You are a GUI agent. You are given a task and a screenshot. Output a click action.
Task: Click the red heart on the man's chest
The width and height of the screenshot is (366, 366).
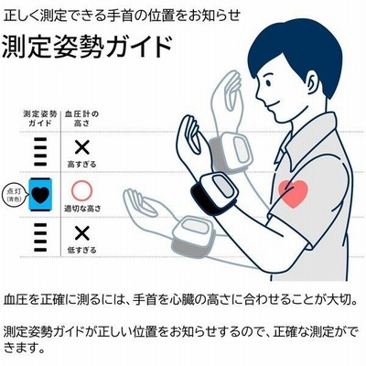pos(294,193)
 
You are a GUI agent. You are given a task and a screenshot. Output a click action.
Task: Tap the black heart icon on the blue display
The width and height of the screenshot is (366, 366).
pos(40,195)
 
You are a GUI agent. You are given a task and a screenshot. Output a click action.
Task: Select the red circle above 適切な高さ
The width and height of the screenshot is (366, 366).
pos(81,190)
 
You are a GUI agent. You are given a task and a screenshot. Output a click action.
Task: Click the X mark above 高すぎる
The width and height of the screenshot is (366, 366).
pos(82,148)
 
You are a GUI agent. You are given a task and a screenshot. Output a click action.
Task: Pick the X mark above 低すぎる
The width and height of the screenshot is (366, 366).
pos(82,233)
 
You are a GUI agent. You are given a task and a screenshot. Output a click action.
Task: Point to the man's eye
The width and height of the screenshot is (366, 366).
pos(267,82)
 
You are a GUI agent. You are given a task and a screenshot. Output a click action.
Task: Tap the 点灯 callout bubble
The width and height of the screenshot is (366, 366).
pos(13,195)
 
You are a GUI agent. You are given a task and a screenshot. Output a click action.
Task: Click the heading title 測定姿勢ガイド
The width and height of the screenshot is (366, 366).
pos(87,48)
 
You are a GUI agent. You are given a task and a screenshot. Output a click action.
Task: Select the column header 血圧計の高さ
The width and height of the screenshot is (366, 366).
pos(81,119)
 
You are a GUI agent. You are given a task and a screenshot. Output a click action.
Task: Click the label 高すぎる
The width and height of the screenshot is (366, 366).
pos(81,165)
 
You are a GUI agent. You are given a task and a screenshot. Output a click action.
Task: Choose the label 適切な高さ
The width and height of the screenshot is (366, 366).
pos(82,209)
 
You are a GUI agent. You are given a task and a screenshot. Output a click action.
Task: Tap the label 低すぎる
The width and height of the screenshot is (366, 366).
pos(81,250)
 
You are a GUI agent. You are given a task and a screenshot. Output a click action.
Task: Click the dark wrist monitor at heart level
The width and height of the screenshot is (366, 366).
pos(215,193)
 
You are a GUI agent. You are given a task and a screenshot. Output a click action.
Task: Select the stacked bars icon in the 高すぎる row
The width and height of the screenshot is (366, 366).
pos(40,152)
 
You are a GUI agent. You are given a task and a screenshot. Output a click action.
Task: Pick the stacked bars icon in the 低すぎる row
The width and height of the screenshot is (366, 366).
pos(40,237)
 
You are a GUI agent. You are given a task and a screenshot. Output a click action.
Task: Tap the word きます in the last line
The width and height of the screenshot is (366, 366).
pos(25,348)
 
